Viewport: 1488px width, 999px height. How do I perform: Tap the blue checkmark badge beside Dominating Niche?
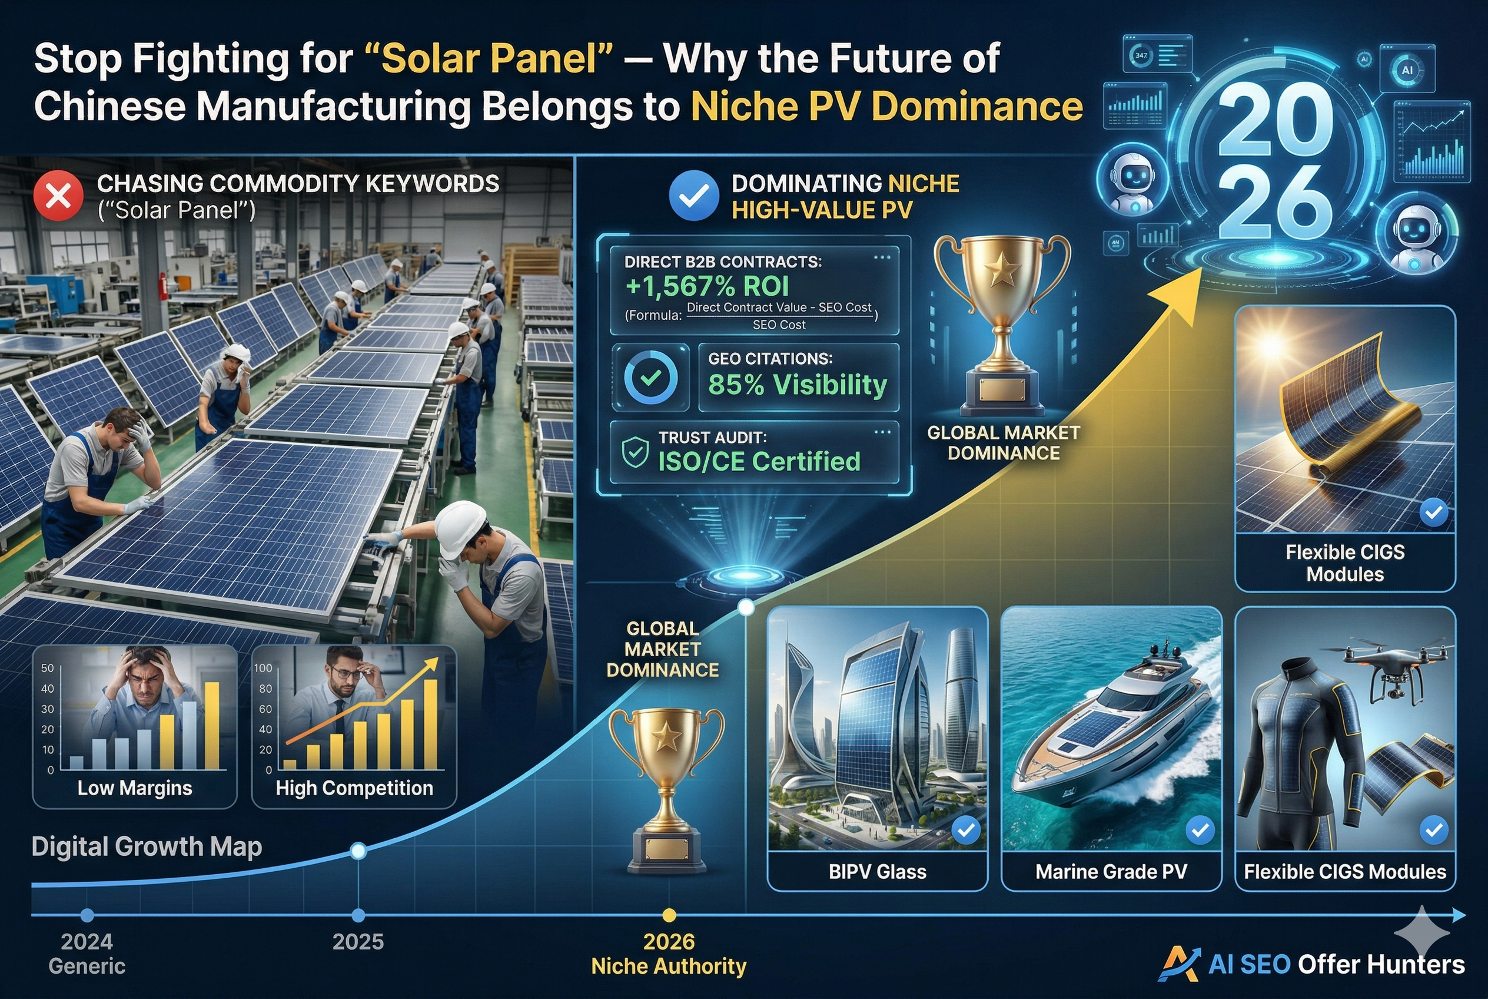tap(693, 196)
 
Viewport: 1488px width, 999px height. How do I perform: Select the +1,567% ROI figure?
tap(707, 287)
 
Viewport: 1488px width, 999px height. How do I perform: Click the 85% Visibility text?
tap(797, 384)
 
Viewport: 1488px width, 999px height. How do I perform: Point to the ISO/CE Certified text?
tap(759, 461)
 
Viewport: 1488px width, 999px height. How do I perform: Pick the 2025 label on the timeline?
tap(358, 942)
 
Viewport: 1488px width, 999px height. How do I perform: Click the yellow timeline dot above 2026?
tap(669, 915)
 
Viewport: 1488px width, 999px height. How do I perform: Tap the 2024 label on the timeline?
tap(87, 942)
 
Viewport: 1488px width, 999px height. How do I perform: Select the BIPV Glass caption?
tap(878, 872)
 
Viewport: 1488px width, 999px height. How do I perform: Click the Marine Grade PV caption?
tap(1111, 872)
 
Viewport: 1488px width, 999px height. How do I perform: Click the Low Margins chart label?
tap(134, 788)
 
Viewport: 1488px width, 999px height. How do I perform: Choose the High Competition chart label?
tap(354, 788)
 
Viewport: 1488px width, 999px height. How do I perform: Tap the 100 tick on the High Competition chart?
tap(263, 668)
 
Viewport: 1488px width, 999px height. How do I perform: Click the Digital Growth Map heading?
tap(147, 846)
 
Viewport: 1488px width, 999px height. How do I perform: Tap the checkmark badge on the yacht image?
tap(1200, 830)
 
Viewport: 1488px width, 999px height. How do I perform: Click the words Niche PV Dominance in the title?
tap(886, 107)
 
